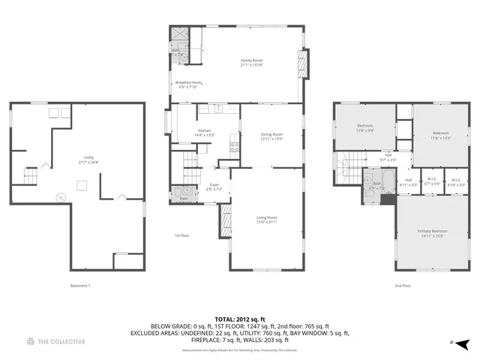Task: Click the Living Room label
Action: pos(267,219)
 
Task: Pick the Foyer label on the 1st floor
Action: pos(214,187)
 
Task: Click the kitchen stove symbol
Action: pos(234,147)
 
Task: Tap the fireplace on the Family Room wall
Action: pos(304,64)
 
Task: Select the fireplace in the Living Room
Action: pos(225,219)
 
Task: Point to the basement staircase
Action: pos(30,177)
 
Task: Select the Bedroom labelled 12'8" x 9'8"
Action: pos(365,127)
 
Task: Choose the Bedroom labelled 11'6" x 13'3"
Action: pos(441,136)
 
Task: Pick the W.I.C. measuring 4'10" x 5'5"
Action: pos(456,181)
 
